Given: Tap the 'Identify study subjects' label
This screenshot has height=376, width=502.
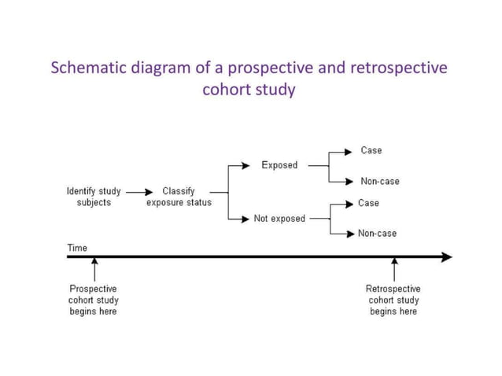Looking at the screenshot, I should (x=94, y=197).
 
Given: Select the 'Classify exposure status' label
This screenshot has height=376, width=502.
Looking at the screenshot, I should (x=179, y=197).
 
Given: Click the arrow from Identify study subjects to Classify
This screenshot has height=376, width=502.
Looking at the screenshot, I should (x=139, y=191).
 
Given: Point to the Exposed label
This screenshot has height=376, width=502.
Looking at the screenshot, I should (x=279, y=165).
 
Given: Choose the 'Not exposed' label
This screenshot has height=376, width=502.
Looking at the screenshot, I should (x=279, y=219).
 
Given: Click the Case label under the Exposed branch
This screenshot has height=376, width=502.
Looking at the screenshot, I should (x=371, y=150).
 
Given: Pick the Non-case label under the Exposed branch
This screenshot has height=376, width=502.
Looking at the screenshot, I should (x=379, y=181).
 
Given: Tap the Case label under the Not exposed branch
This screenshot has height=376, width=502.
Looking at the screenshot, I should (x=368, y=203).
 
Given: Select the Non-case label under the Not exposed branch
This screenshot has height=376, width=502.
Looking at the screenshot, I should (x=377, y=234).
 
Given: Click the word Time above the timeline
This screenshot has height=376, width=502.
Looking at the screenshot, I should (x=77, y=248).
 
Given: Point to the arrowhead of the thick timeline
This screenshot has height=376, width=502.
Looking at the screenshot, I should (x=447, y=256).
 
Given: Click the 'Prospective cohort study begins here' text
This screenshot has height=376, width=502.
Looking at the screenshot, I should (x=93, y=300).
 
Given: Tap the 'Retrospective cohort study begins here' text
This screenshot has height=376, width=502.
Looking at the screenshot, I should (x=393, y=300).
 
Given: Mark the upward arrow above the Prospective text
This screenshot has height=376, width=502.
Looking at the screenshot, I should (x=94, y=271).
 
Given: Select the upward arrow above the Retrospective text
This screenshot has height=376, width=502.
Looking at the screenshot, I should (x=394, y=271).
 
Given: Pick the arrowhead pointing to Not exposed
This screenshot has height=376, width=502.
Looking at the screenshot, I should (x=245, y=219).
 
